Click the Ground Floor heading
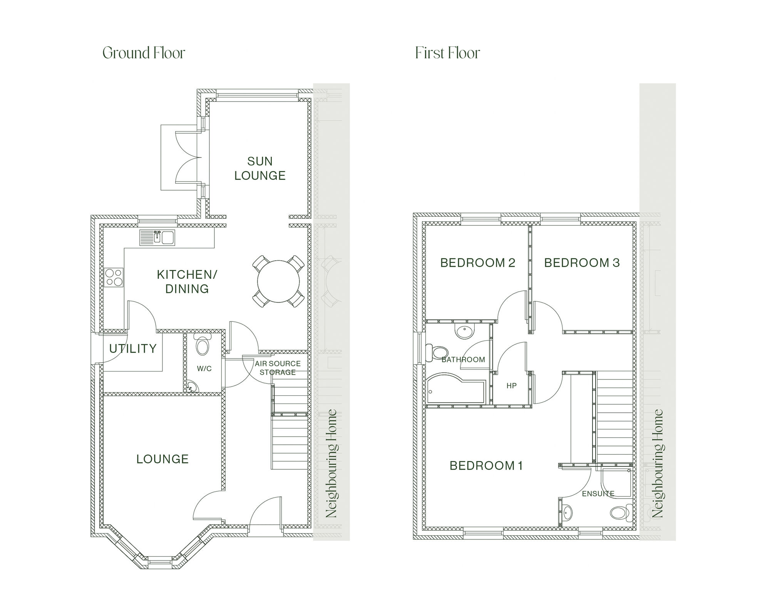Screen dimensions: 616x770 click(x=144, y=53)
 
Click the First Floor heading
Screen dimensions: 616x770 click(x=447, y=53)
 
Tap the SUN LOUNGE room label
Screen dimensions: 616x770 click(x=260, y=168)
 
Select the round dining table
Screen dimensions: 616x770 click(x=278, y=281)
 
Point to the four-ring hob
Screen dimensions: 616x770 click(x=114, y=277)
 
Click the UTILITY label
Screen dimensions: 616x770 click(x=133, y=349)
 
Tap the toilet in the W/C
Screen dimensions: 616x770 click(x=203, y=345)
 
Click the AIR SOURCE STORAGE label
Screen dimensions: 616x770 click(x=278, y=368)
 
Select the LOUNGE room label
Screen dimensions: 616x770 click(x=162, y=459)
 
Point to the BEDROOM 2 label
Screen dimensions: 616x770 click(x=477, y=263)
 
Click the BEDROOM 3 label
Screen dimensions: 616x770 click(x=582, y=263)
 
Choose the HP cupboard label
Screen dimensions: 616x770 click(x=511, y=386)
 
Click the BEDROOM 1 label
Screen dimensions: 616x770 click(x=486, y=466)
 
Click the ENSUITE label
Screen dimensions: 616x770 click(x=598, y=494)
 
